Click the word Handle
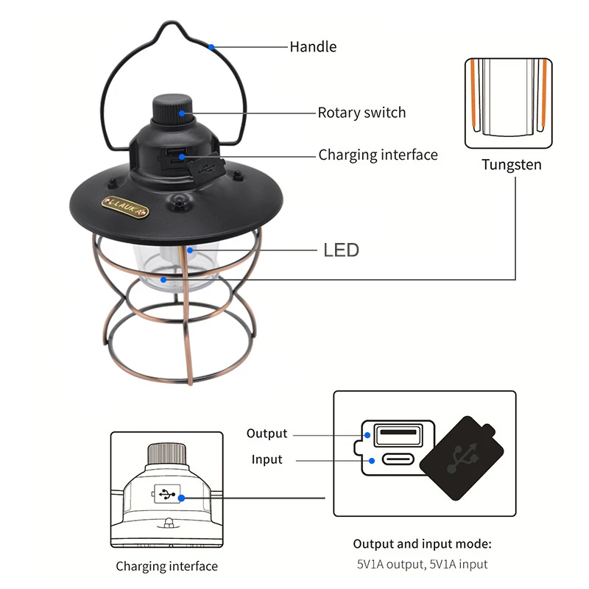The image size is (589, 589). point(312,46)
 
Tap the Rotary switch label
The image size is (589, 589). point(361,113)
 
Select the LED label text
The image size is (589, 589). point(341,250)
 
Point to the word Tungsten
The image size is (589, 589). point(511,164)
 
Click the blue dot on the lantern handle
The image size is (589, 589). point(211,46)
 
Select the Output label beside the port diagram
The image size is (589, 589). point(267,434)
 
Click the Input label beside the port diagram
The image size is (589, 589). point(267,459)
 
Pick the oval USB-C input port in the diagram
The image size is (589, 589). point(396,460)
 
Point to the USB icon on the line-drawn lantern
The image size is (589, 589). point(167,495)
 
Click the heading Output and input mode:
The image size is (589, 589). point(422,544)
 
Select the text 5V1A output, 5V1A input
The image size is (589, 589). point(422,565)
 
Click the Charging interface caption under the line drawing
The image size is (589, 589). point(166,566)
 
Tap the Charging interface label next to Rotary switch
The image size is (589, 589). point(378,155)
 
